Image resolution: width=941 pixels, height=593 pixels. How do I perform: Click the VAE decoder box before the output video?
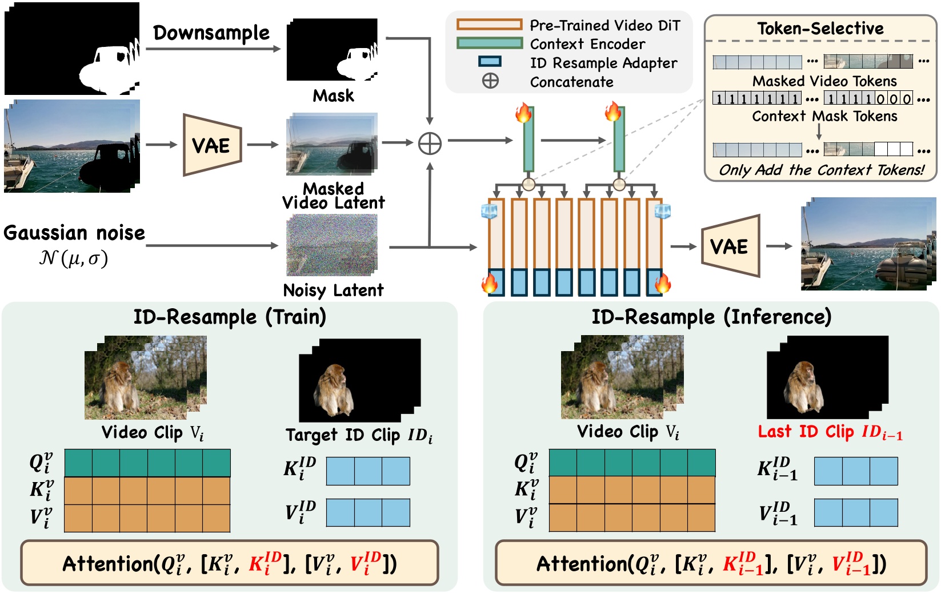pyautogui.click(x=730, y=246)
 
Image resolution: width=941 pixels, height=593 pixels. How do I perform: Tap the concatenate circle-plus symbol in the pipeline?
pyautogui.click(x=430, y=144)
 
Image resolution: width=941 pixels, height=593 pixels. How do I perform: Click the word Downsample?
pyautogui.click(x=211, y=33)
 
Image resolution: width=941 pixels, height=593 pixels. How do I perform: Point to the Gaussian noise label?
pyautogui.click(x=74, y=233)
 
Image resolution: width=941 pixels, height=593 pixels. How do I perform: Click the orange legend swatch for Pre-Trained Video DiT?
pyautogui.click(x=489, y=25)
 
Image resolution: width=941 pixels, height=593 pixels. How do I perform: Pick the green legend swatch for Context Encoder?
pyautogui.click(x=489, y=43)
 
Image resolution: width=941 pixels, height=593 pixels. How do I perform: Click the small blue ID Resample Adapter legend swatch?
pyautogui.click(x=490, y=62)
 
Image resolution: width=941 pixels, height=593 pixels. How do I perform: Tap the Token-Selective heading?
pyautogui.click(x=820, y=29)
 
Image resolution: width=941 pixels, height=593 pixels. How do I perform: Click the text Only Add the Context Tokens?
pyautogui.click(x=821, y=170)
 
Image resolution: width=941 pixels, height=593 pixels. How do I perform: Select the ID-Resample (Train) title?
pyautogui.click(x=230, y=316)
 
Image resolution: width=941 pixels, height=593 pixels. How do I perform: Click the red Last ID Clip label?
pyautogui.click(x=830, y=432)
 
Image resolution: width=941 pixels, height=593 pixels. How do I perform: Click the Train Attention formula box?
pyautogui.click(x=230, y=563)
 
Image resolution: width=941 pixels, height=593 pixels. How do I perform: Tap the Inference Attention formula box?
pyautogui.click(x=711, y=563)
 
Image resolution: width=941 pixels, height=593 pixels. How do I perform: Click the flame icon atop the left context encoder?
pyautogui.click(x=523, y=113)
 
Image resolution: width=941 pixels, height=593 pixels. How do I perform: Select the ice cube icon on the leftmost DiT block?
pyautogui.click(x=490, y=211)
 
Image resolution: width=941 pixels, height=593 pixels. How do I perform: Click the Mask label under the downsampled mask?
pyautogui.click(x=333, y=95)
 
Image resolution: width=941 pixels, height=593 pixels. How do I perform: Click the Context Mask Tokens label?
pyautogui.click(x=824, y=116)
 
